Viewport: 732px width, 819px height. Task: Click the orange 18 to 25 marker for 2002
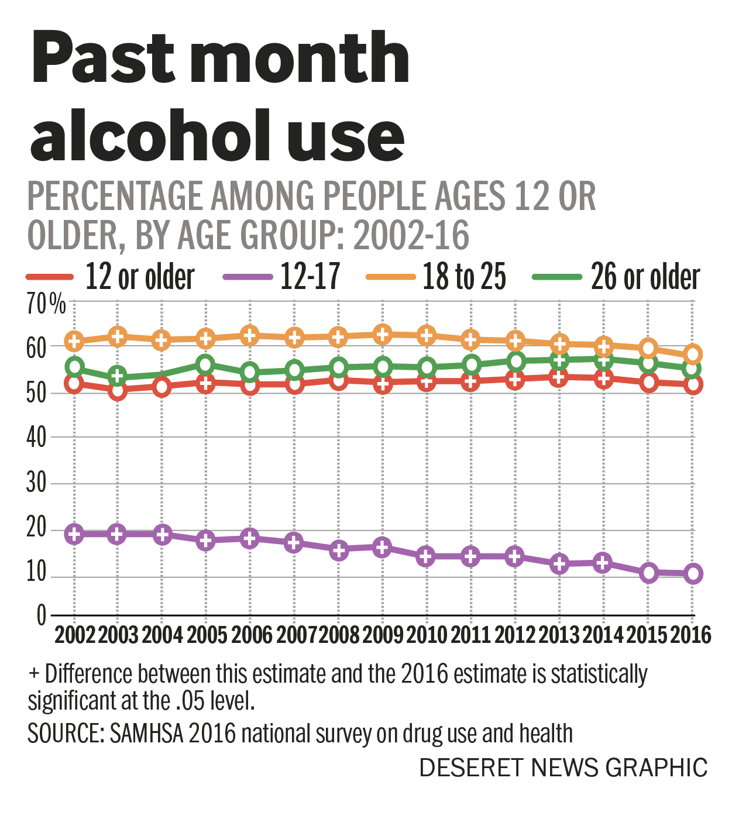click(74, 340)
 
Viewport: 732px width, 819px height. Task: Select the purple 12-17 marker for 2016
click(693, 574)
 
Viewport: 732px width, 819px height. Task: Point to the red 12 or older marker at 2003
click(118, 390)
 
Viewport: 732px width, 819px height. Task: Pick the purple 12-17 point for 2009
click(383, 548)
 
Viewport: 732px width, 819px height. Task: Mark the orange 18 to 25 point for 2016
click(693, 354)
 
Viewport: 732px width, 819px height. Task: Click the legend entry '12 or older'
click(139, 277)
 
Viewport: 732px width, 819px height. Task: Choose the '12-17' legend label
click(310, 277)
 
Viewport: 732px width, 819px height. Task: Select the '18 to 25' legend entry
click(464, 277)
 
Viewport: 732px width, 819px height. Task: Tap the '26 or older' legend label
click(645, 277)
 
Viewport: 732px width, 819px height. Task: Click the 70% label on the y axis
click(46, 304)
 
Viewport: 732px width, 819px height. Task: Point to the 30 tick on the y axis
click(36, 483)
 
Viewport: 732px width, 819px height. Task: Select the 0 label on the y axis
click(41, 615)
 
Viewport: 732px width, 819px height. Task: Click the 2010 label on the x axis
click(427, 635)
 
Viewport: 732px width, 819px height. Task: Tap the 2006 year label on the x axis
click(251, 635)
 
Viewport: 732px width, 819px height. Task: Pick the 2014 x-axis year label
click(603, 635)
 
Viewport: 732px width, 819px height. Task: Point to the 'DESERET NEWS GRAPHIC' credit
click(563, 768)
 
